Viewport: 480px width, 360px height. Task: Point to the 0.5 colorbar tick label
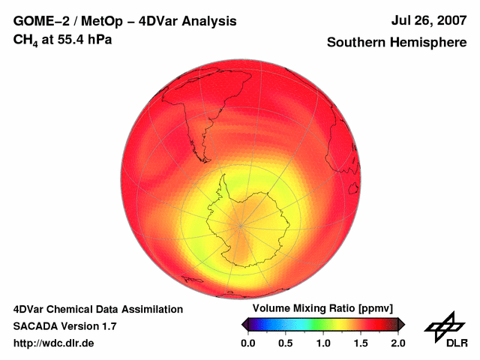(285, 343)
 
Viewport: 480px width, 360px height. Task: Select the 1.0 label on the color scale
(322, 343)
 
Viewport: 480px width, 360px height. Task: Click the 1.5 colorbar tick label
(360, 343)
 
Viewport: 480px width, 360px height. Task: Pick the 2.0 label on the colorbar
(397, 343)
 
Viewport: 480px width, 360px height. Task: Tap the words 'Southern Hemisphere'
(397, 43)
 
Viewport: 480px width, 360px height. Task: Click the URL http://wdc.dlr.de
(54, 343)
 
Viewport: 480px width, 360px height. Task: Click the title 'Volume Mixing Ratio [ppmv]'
(322, 309)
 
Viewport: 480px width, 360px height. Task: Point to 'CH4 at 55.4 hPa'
(63, 39)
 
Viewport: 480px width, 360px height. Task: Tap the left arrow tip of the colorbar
(243, 324)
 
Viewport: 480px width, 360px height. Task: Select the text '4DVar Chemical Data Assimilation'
(97, 309)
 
